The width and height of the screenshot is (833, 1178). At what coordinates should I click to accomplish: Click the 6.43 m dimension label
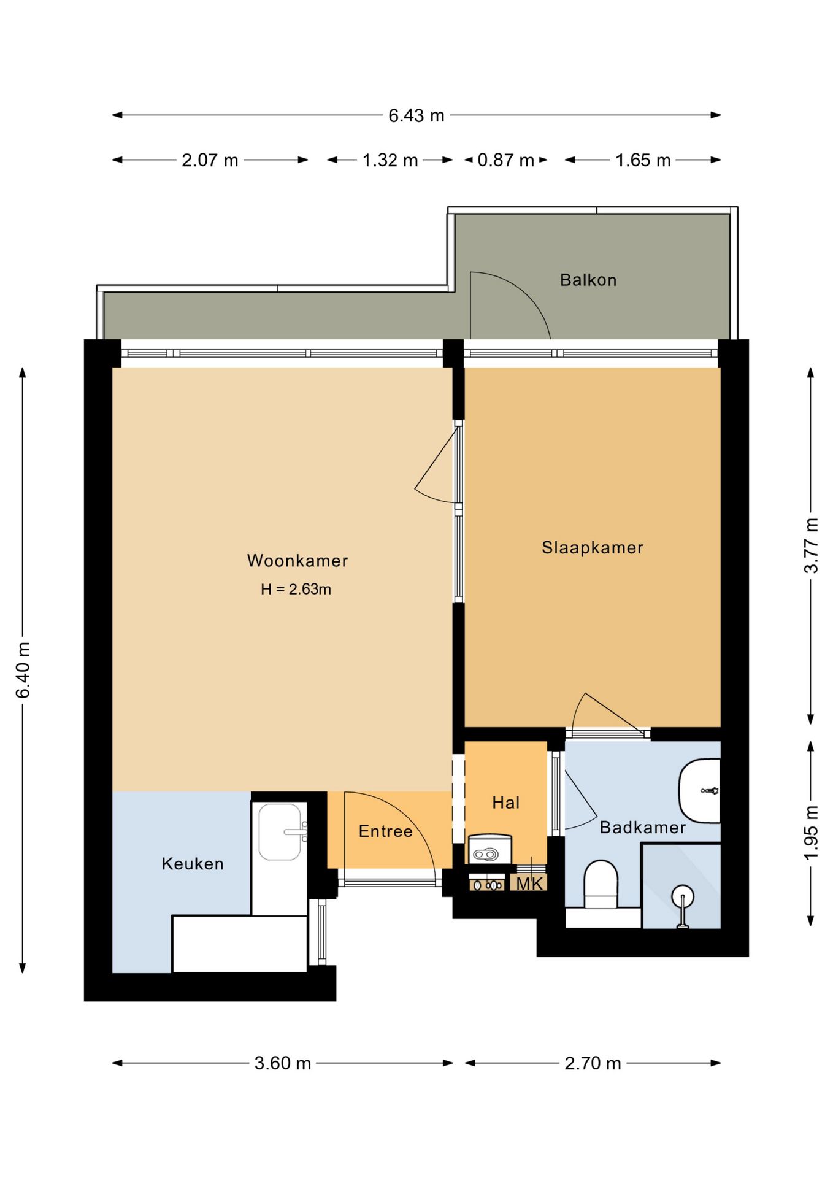click(x=416, y=115)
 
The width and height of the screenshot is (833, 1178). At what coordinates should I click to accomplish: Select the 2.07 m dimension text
click(x=210, y=160)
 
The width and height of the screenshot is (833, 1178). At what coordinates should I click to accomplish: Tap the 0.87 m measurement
click(x=505, y=160)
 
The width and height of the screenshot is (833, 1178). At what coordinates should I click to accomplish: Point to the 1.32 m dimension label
click(x=390, y=160)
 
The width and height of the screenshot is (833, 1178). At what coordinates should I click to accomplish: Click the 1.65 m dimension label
click(x=643, y=160)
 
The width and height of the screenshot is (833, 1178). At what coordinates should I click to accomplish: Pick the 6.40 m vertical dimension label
click(x=23, y=670)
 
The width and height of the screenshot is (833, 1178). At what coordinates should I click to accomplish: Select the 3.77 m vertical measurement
click(x=811, y=545)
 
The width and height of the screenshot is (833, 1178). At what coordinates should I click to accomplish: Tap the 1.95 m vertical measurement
click(x=811, y=833)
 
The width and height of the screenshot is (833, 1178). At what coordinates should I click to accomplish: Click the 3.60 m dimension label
click(x=283, y=1063)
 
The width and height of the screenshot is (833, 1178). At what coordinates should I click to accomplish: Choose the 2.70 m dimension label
click(x=593, y=1063)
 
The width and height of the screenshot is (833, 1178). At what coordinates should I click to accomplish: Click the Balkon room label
click(x=588, y=280)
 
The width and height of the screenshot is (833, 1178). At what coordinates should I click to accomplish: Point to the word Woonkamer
click(x=297, y=560)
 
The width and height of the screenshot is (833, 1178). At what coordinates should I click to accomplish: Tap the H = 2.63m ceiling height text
click(x=296, y=589)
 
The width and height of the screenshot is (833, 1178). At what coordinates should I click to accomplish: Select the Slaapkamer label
click(x=593, y=547)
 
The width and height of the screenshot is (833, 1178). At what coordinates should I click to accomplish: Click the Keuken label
click(x=193, y=864)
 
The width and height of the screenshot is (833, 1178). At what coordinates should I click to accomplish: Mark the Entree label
click(x=386, y=831)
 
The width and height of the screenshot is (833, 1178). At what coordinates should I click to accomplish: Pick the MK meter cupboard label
click(x=529, y=883)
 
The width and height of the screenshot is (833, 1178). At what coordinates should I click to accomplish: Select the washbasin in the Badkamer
click(x=699, y=791)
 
